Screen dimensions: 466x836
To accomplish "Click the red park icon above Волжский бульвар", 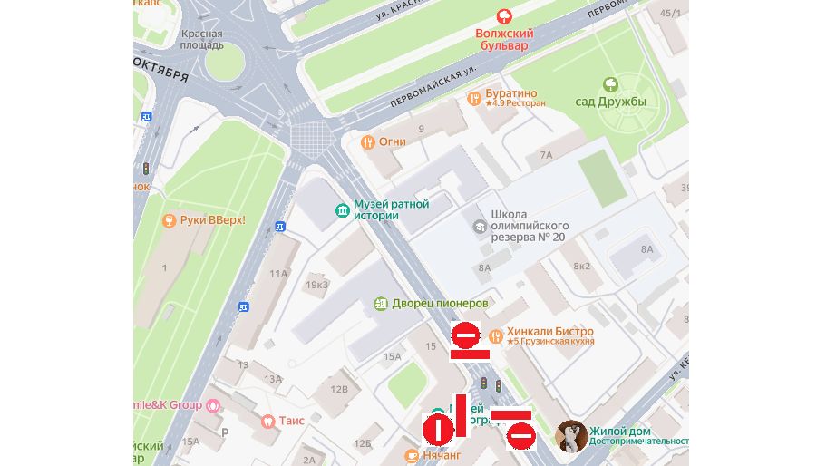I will [x=505, y=15].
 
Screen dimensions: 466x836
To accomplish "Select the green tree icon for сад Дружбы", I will [x=610, y=84].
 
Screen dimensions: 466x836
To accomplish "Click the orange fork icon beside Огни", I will [x=367, y=142].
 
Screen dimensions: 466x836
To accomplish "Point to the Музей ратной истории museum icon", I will [x=342, y=210].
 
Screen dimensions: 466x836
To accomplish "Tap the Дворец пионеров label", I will [x=441, y=303].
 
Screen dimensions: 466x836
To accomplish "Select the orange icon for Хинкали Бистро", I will [x=495, y=333].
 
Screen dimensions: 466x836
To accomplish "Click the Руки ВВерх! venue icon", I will [x=168, y=220].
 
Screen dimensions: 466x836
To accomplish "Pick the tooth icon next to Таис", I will [x=267, y=421].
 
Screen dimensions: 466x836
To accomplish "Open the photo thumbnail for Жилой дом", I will [x=569, y=435].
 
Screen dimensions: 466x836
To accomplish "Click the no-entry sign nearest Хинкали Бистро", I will [x=466, y=336].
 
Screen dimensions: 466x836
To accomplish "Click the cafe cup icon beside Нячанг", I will [x=413, y=455].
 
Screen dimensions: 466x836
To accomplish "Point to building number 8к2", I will [x=581, y=267].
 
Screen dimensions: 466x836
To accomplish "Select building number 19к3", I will [x=316, y=285].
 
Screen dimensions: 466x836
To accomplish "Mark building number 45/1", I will [x=670, y=13].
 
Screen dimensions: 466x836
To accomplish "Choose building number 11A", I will [x=277, y=272].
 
